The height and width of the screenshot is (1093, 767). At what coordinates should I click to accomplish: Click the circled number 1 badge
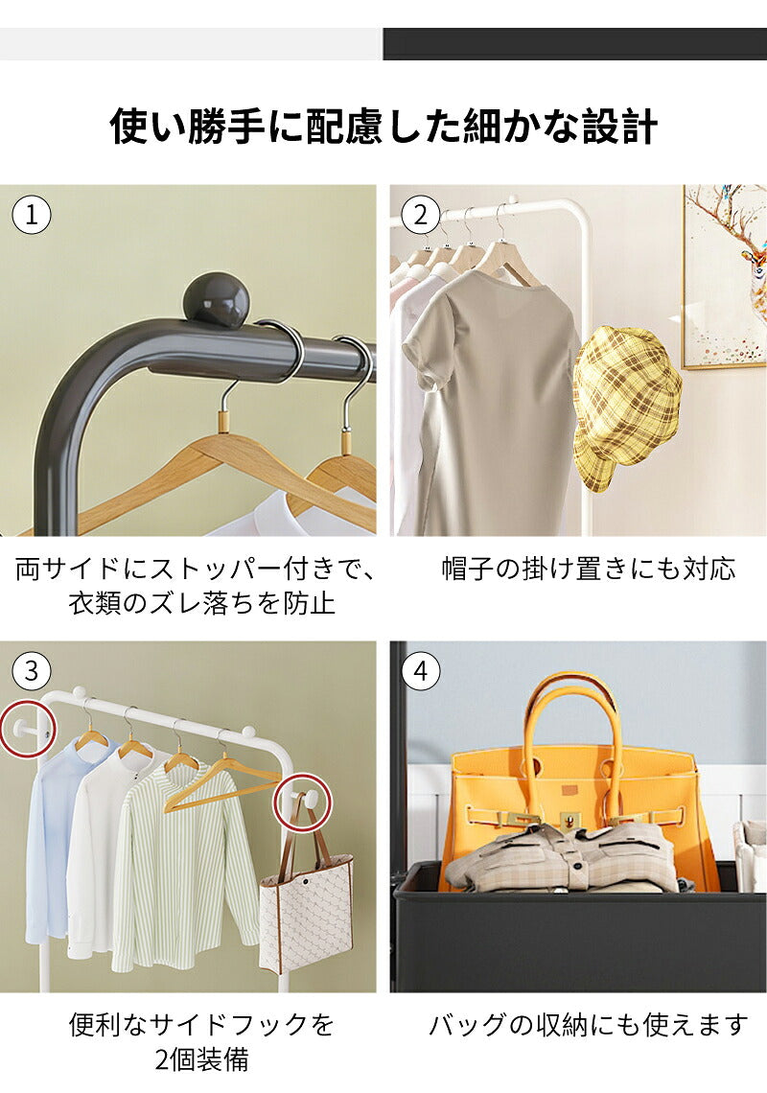pyautogui.click(x=32, y=216)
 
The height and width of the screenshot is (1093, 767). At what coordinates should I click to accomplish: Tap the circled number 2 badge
pyautogui.click(x=421, y=216)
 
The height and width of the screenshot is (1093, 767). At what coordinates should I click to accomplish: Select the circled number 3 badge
pyautogui.click(x=32, y=671)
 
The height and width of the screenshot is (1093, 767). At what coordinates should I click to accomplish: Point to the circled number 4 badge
pyautogui.click(x=421, y=671)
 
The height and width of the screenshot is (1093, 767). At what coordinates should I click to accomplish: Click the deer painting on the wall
pyautogui.click(x=725, y=276)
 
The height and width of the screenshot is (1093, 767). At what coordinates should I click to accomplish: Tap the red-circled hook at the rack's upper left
pyautogui.click(x=28, y=729)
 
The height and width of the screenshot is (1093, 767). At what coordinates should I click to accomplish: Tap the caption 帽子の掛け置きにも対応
pyautogui.click(x=589, y=569)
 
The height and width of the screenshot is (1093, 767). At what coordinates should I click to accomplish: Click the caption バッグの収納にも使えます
pyautogui.click(x=588, y=1025)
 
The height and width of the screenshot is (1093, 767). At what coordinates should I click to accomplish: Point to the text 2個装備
pyautogui.click(x=201, y=1059)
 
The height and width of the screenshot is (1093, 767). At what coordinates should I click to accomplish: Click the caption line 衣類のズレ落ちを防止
pyautogui.click(x=201, y=604)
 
